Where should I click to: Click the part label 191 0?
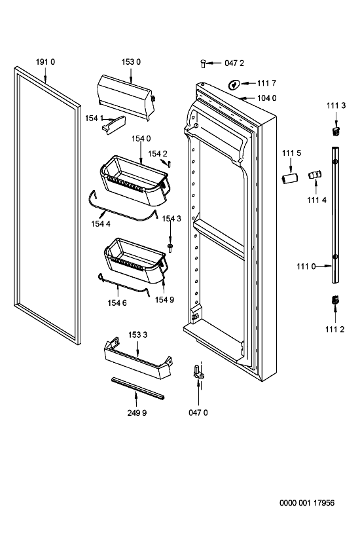[x=45, y=62]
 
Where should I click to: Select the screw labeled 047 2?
[x=203, y=64]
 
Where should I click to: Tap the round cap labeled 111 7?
[x=234, y=84]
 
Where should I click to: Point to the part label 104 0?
[x=267, y=98]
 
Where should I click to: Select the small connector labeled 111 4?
[x=315, y=174]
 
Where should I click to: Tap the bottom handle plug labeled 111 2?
[x=335, y=300]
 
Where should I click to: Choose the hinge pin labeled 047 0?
[x=198, y=372]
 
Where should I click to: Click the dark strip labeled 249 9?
[x=137, y=388]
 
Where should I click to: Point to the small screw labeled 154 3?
[x=170, y=248]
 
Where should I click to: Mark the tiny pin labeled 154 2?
[x=170, y=164]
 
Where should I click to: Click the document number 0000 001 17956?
[x=307, y=503]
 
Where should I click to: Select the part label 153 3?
[x=137, y=335]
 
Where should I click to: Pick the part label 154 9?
[x=164, y=300]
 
